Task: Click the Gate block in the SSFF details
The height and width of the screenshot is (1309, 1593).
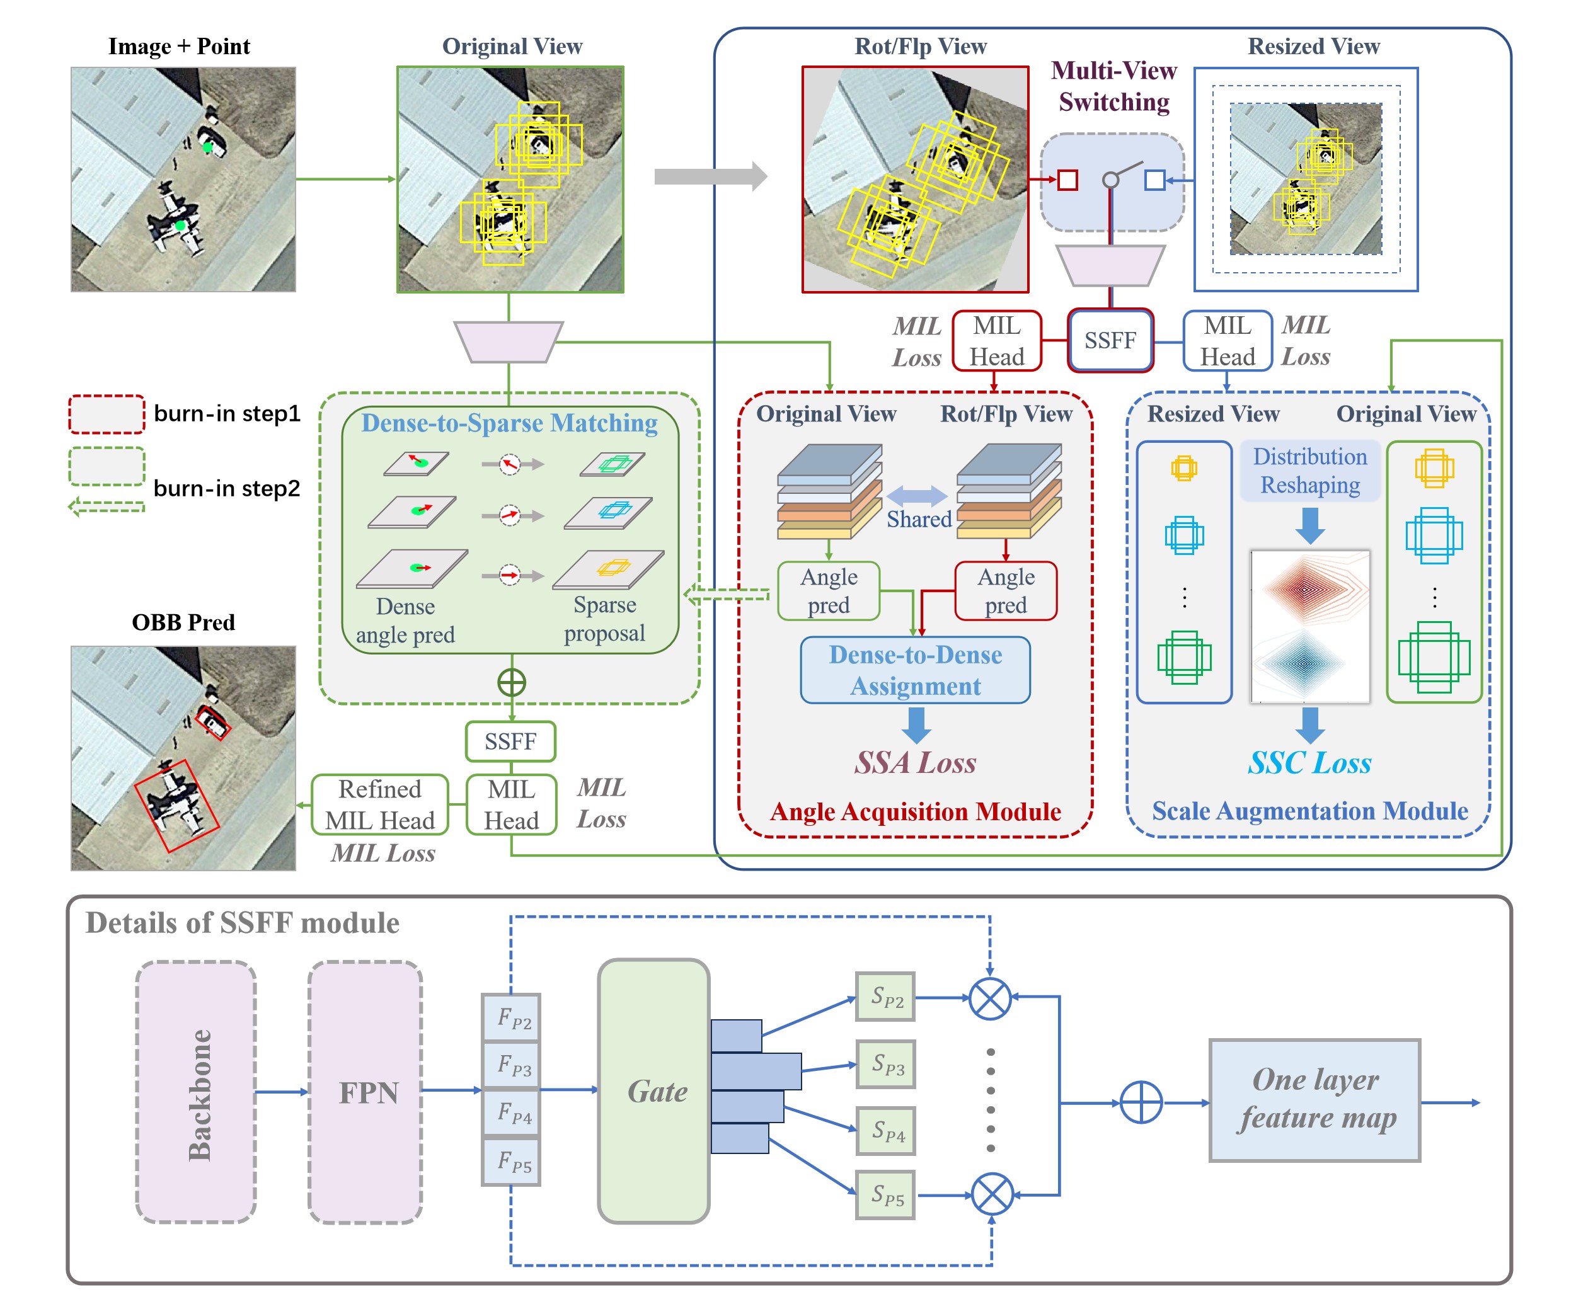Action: [653, 1090]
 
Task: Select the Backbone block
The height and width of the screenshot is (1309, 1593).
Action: [196, 1092]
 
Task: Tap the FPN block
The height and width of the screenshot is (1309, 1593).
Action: [366, 1092]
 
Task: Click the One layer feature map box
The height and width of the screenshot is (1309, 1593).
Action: [1314, 1099]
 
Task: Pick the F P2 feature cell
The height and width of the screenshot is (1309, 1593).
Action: [512, 1018]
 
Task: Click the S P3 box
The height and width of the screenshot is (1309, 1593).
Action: [885, 1064]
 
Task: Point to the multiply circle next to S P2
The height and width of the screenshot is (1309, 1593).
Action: [989, 998]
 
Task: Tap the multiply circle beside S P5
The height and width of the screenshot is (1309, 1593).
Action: [992, 1194]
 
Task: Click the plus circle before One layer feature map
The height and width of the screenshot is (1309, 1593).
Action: [1141, 1102]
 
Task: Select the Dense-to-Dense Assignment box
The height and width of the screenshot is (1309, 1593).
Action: [915, 670]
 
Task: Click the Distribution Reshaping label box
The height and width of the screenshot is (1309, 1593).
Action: [1310, 471]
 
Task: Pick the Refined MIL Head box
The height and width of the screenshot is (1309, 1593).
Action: [380, 804]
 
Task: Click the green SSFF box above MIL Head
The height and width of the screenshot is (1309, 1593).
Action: [510, 741]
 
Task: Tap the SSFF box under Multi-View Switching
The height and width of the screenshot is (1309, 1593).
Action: [1110, 340]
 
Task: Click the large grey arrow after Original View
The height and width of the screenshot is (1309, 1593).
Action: [710, 176]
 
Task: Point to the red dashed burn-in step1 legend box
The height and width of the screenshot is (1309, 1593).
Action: [106, 414]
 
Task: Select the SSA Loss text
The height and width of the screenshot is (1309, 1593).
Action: [915, 763]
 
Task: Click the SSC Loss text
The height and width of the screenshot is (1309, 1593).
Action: [1309, 763]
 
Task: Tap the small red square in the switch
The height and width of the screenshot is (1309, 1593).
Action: [1067, 180]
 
